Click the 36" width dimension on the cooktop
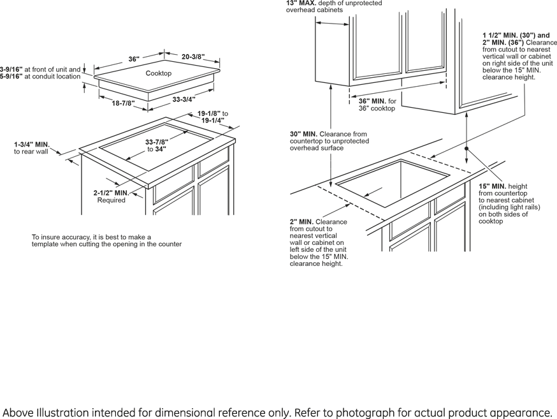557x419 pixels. (134, 59)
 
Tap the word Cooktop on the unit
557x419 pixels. (158, 73)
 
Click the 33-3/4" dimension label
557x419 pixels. (184, 99)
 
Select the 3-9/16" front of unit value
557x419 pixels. (11, 69)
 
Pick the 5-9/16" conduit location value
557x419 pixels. (11, 77)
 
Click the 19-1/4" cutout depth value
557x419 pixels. (213, 121)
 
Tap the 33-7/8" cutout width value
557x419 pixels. (157, 142)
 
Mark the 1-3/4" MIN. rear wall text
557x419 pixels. (32, 145)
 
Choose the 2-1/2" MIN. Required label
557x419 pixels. (111, 193)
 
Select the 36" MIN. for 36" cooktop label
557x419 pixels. (372, 101)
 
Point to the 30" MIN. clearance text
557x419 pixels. (304, 134)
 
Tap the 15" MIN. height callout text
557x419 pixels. (492, 186)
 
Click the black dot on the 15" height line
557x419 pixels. (467, 148)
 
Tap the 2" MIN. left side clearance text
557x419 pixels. (301, 222)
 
